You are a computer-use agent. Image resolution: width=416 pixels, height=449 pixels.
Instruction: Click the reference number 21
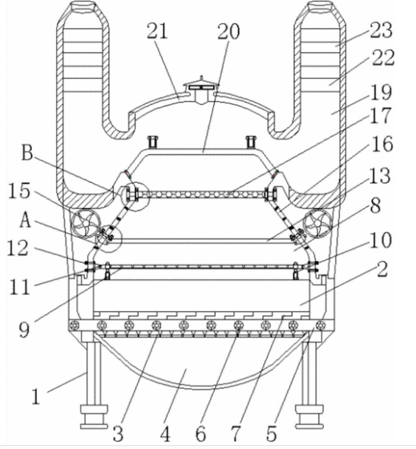pos(157,31)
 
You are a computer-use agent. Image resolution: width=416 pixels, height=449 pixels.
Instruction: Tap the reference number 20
pos(228,31)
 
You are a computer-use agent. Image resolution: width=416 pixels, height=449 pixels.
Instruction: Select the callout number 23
pos(381,30)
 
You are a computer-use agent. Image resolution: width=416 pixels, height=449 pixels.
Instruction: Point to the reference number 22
pos(383,58)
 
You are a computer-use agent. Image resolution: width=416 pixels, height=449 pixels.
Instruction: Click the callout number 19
pos(381,92)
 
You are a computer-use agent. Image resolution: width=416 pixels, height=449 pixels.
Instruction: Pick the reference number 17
pos(380,115)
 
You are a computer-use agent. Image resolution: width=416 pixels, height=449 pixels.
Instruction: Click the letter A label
pos(25,220)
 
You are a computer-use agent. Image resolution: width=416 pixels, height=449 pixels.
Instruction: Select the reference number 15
pos(19,191)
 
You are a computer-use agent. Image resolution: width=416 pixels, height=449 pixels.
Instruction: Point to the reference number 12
pos(18,248)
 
